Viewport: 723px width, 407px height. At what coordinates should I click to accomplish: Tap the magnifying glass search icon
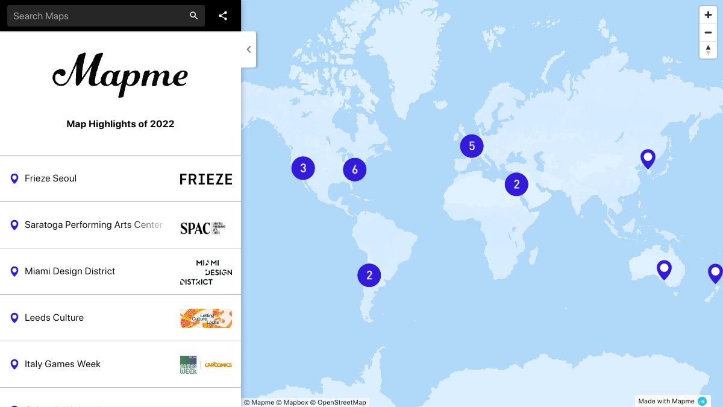(193, 16)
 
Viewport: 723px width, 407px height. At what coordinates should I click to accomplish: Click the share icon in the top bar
(223, 16)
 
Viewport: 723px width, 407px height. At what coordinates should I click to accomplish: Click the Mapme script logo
(120, 74)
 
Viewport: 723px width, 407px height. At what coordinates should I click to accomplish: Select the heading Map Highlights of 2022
(120, 124)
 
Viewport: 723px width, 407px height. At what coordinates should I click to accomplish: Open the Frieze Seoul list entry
(51, 178)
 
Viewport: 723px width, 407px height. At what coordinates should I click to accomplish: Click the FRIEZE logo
(206, 179)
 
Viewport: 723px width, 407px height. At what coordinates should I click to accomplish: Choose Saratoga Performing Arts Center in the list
(93, 225)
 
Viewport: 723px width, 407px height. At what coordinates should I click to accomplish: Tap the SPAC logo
(203, 228)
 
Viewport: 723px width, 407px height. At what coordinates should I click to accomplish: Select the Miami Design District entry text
(70, 271)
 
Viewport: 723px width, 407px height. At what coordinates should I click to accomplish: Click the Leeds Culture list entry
(54, 318)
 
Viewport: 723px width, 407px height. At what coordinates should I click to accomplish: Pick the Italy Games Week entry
(63, 364)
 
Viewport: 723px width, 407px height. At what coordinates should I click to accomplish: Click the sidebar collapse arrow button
(249, 49)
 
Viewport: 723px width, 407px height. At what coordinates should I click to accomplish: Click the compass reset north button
(708, 49)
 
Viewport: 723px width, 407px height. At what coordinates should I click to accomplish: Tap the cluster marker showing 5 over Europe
(472, 146)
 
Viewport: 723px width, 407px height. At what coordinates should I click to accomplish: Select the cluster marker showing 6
(355, 170)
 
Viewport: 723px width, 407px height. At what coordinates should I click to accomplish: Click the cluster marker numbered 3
(303, 168)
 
